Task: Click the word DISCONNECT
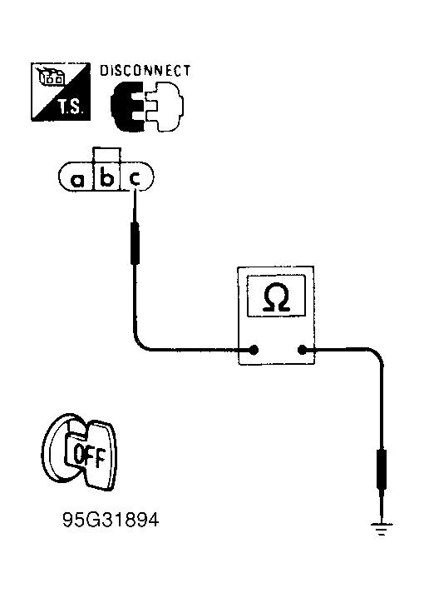point(145,71)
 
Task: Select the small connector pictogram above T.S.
point(50,76)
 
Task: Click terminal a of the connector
point(77,179)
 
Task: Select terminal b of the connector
point(106,177)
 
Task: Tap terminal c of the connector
point(135,178)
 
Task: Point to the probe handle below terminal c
point(135,243)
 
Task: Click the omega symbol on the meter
point(277,297)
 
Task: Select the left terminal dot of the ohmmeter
point(254,350)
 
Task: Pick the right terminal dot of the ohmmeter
point(302,350)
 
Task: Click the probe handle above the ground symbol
point(382,469)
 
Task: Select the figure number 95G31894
point(111,520)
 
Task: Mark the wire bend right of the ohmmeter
point(377,353)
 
